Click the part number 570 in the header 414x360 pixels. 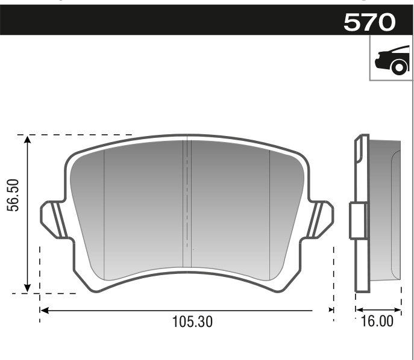369,22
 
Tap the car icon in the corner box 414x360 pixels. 390,60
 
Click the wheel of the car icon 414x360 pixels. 398,67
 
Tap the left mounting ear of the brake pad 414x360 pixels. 53,219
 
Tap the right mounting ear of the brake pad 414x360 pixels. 320,219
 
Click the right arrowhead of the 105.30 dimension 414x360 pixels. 330,310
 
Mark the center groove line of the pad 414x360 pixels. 187,205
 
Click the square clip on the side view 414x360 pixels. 358,221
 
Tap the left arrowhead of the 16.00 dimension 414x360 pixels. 358,305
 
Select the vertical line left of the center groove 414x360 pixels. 105,211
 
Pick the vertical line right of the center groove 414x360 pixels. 269,211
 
